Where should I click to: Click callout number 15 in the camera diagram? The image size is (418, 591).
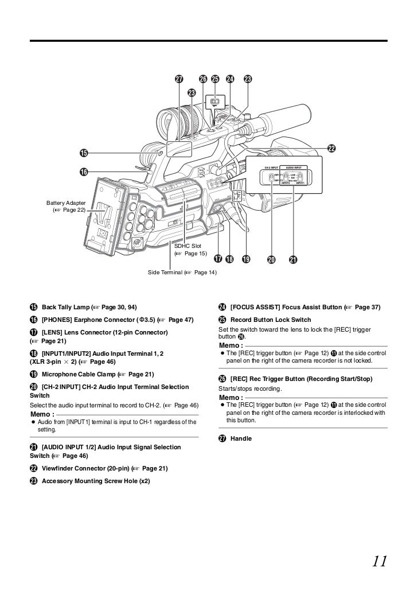[84, 153]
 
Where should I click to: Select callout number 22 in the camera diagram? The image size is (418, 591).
[331, 149]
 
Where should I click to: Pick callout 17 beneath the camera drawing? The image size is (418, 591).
[218, 259]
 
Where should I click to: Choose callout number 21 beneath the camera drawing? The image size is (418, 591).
[293, 259]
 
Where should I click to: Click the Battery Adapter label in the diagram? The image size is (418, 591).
[67, 203]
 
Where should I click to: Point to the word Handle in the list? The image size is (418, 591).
[241, 438]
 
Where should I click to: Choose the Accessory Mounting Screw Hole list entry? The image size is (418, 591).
[95, 480]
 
